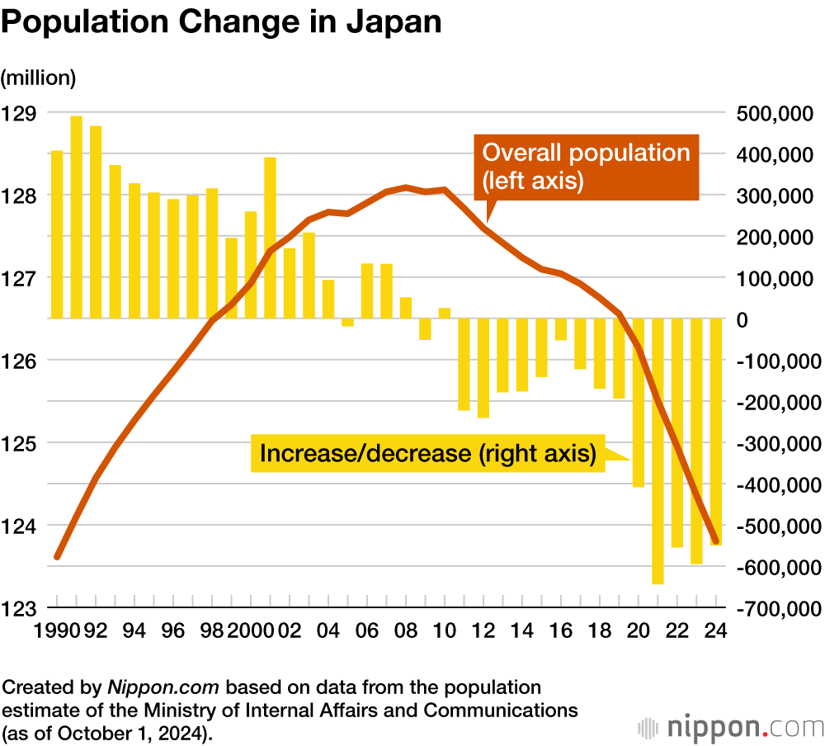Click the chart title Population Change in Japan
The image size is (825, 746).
[x=221, y=22]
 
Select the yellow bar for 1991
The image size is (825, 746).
[x=76, y=216]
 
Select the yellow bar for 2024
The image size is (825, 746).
[x=716, y=432]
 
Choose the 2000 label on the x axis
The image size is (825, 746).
[x=249, y=630]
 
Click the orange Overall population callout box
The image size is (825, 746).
[x=586, y=167]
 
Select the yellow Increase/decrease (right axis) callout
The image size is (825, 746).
[x=427, y=453]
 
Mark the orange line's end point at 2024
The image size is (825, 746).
[x=715, y=541]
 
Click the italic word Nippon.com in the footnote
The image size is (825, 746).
[x=163, y=687]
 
